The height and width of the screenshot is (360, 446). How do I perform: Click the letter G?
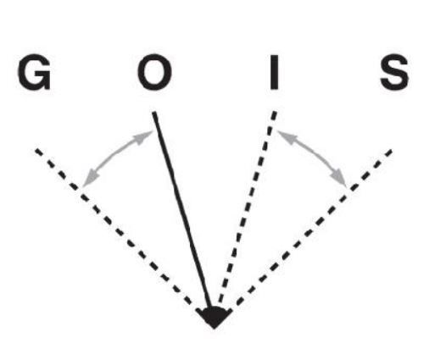[35, 72]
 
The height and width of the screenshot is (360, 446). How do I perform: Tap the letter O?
[154, 72]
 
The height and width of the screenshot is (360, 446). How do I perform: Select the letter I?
[274, 72]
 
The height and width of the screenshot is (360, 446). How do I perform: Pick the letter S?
[394, 72]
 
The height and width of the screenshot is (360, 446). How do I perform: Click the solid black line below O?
[182, 210]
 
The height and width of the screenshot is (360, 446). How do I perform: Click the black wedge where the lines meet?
[214, 318]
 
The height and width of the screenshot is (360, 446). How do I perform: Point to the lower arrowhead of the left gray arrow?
[91, 180]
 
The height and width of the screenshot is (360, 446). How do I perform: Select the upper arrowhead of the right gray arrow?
[286, 136]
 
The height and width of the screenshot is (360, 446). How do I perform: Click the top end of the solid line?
[154, 113]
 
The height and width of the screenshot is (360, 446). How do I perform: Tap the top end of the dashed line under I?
[275, 112]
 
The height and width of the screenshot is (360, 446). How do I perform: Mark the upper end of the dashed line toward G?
[36, 150]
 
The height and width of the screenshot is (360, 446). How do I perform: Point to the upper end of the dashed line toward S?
[392, 151]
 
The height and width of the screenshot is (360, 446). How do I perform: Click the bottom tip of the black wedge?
[214, 329]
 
